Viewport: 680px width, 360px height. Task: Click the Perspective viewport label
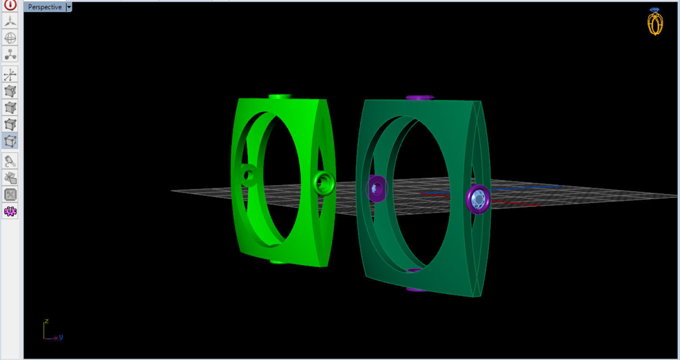(44, 7)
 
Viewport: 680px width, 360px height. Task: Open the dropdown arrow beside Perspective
(69, 7)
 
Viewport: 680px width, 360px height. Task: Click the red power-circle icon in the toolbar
(10, 5)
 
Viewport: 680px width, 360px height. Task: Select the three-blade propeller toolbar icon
(10, 21)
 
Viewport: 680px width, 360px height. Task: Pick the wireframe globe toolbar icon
(10, 37)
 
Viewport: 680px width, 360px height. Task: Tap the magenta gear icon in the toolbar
(10, 211)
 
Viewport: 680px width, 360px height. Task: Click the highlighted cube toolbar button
(10, 141)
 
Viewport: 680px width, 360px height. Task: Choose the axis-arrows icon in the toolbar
(10, 74)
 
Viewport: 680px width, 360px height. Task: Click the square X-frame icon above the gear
(10, 194)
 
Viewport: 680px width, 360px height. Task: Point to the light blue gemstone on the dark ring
(478, 199)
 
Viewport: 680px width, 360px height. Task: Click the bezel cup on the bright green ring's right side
(323, 182)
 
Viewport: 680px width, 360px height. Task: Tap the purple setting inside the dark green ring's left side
(377, 188)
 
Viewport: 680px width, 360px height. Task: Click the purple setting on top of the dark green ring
(419, 97)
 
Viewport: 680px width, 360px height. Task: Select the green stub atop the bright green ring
(280, 96)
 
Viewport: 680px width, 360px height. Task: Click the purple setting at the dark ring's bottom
(416, 289)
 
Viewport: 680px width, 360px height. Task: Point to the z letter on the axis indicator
(46, 321)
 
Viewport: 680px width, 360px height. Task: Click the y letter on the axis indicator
(61, 337)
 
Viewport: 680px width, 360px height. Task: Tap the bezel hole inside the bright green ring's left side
(248, 175)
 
